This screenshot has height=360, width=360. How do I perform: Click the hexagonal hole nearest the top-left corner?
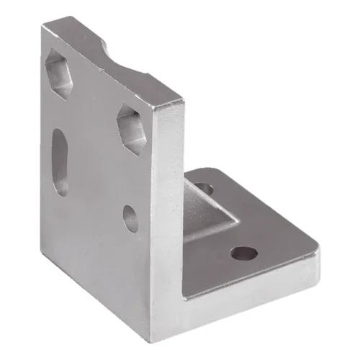pyautogui.click(x=60, y=74)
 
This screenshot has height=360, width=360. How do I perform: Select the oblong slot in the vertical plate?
pyautogui.click(x=60, y=162)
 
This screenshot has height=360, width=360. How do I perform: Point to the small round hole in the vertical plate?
pyautogui.click(x=130, y=218)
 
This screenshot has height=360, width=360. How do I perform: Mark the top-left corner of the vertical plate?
pyautogui.click(x=43, y=27)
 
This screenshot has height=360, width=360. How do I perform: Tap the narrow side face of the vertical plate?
pyautogui.click(x=170, y=216)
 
